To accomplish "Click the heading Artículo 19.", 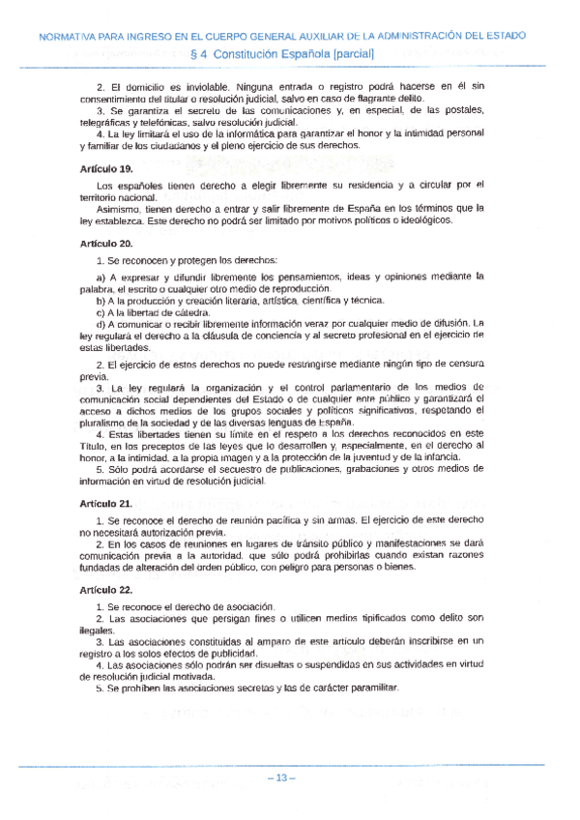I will [105, 169].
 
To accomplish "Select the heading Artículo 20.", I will [105, 244].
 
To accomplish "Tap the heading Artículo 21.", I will [105, 504].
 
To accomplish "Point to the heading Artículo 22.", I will [105, 590].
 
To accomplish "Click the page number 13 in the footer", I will [283, 779].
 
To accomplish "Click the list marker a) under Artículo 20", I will [101, 278].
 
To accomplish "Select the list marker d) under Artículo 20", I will [101, 324].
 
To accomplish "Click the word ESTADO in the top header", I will [503, 36].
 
